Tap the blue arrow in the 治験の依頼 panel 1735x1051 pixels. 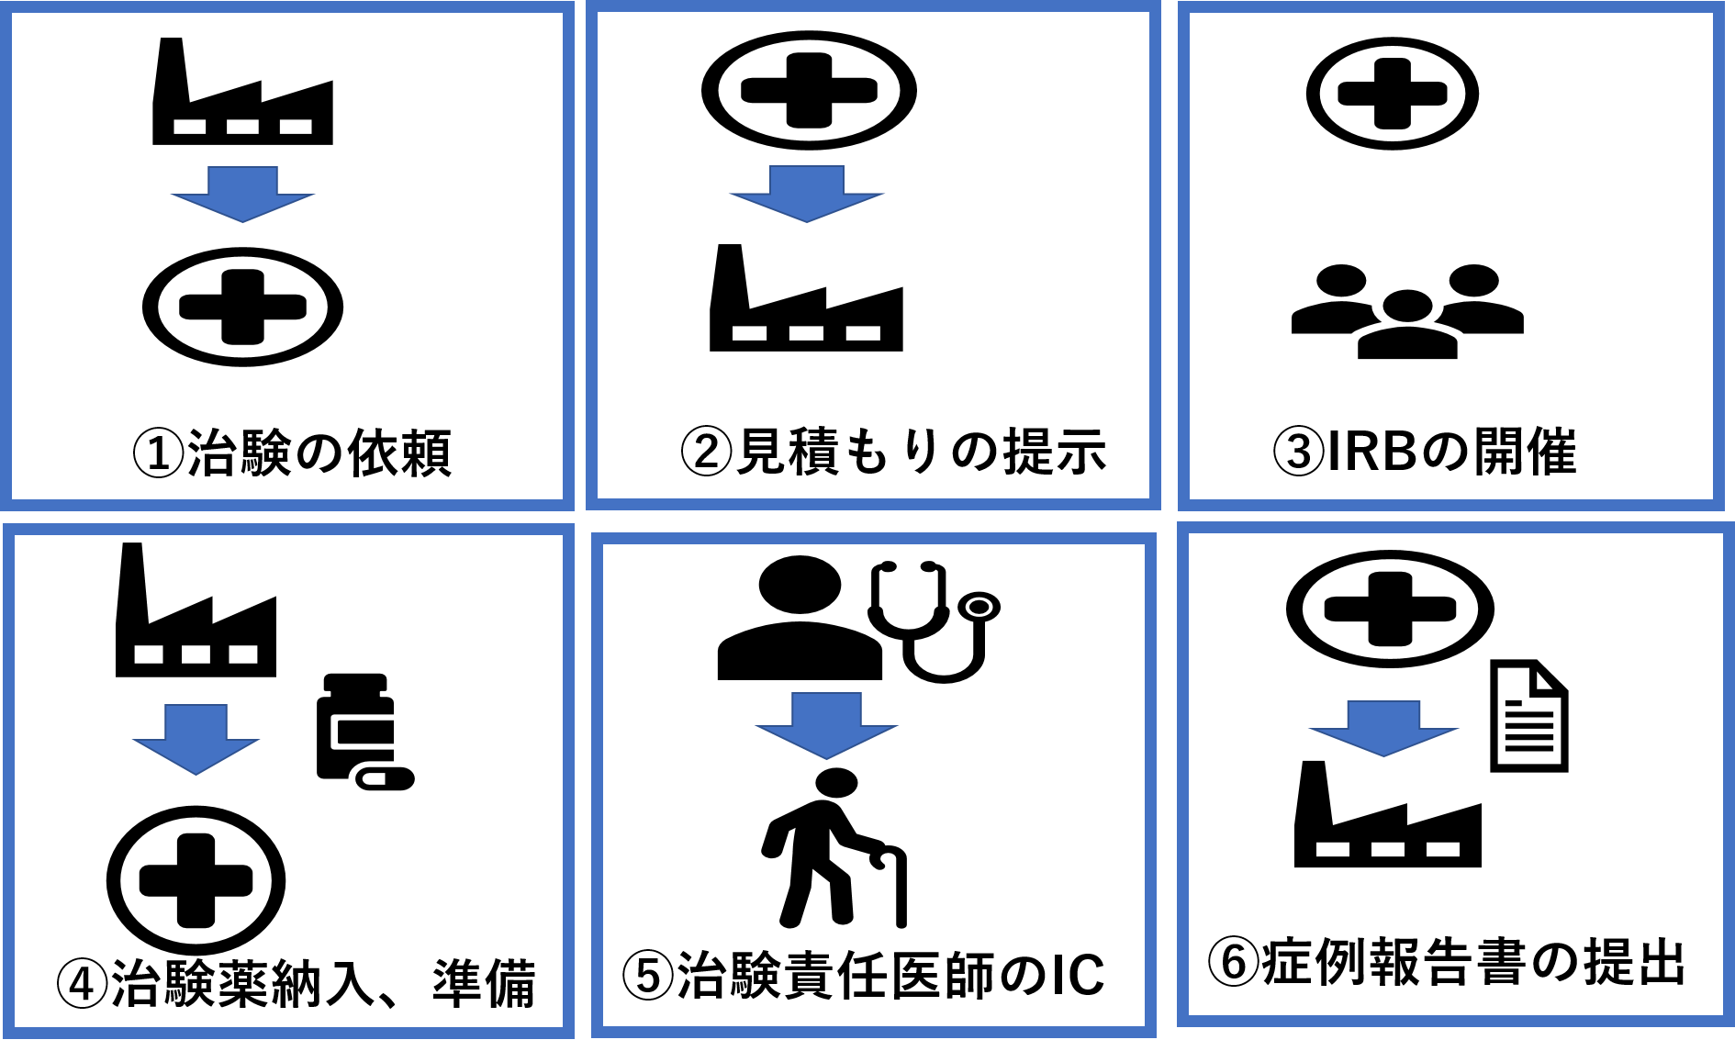tap(242, 195)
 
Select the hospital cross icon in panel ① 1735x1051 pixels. tap(242, 307)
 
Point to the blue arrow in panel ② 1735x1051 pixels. tap(806, 195)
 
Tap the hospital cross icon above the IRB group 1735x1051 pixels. tap(1393, 94)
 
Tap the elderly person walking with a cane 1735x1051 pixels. tap(834, 848)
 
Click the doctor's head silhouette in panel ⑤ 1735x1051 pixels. tap(800, 585)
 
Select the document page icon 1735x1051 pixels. tap(1528, 716)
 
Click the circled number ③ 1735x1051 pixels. tap(1299, 452)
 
